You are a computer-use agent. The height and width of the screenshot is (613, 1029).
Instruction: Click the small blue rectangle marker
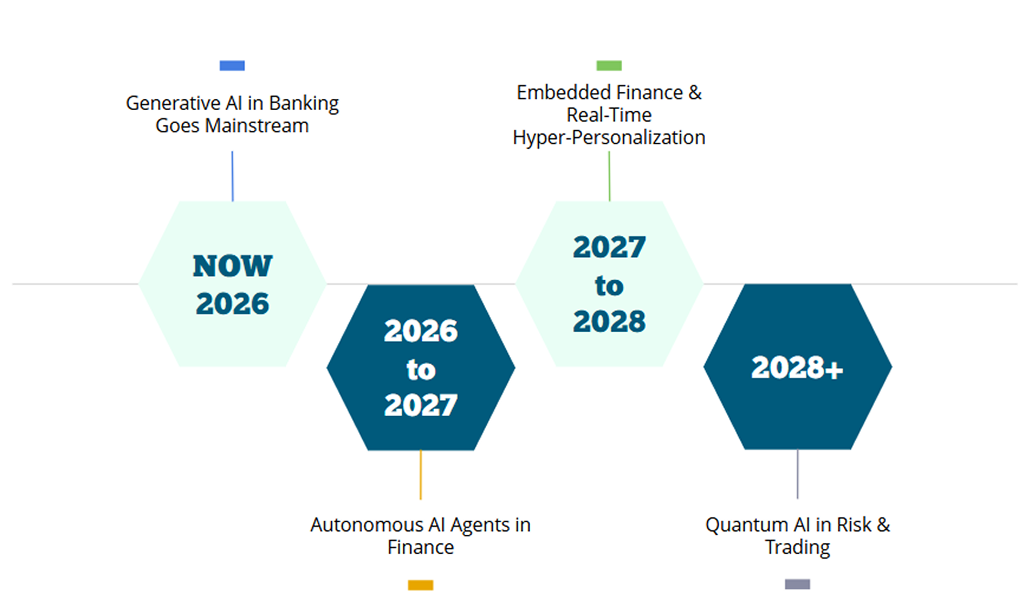pos(232,66)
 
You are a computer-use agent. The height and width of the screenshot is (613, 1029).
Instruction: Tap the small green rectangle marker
pos(609,66)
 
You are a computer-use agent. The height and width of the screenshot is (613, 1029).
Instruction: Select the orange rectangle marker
pos(421,585)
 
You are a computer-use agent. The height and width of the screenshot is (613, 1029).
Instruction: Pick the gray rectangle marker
pos(798,584)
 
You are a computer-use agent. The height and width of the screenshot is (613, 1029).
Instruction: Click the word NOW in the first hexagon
pos(233,266)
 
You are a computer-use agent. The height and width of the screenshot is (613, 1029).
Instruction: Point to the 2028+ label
pos(798,368)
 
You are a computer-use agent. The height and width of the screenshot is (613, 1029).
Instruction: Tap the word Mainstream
pos(257,126)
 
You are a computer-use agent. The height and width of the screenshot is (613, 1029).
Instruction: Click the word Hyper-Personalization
pos(609,138)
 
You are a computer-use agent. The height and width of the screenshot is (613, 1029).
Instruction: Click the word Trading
pos(798,547)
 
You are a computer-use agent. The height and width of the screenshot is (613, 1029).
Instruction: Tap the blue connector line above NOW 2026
pos(232,176)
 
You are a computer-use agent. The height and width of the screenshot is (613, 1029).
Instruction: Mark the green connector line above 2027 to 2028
pos(609,176)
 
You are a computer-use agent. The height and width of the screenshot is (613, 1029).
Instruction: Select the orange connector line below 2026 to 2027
pos(421,475)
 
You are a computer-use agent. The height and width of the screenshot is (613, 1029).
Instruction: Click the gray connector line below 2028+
pos(798,474)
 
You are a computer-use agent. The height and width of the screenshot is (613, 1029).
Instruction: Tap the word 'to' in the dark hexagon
pos(421,370)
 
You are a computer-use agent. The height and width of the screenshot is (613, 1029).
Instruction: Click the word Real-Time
pos(609,115)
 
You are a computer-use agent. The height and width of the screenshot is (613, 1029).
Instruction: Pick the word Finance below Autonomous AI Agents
pos(421,547)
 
